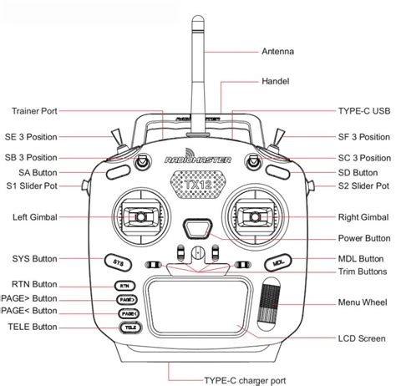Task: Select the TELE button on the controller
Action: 127,328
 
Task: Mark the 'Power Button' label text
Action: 363,238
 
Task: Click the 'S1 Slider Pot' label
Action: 31,185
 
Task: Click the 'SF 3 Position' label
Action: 363,136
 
